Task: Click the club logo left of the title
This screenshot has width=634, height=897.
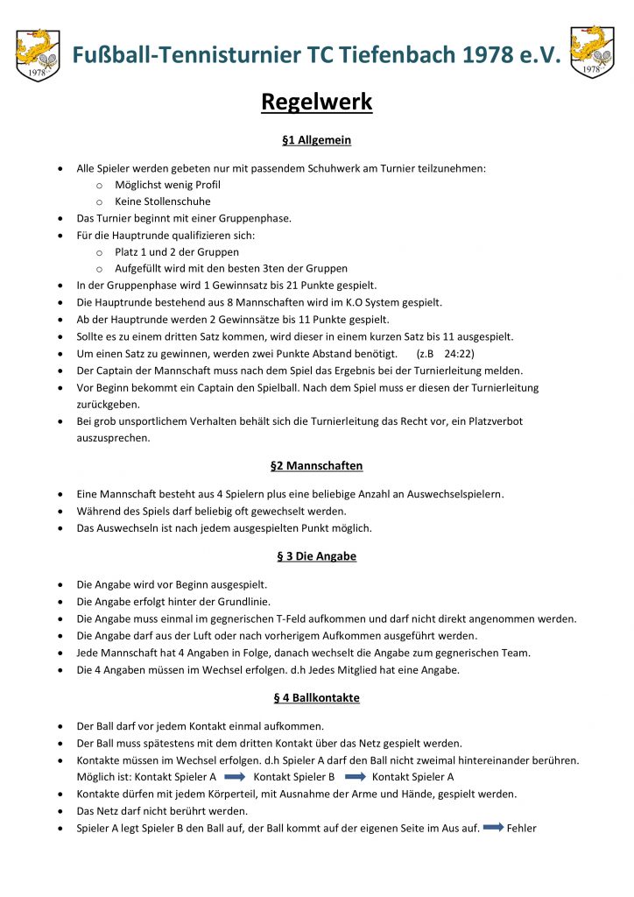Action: tap(38, 54)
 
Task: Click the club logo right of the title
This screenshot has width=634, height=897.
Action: tap(592, 52)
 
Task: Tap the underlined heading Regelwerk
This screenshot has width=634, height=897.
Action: tap(316, 102)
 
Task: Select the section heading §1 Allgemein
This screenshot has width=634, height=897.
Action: tap(316, 140)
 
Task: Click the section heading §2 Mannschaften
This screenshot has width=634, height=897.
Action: tap(316, 466)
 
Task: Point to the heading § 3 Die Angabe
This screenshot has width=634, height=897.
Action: tap(316, 556)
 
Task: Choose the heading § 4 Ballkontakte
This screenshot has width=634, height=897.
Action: tap(316, 698)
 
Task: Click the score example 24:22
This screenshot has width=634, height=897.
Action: tap(460, 354)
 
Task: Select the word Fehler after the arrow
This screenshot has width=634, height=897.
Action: tap(521, 828)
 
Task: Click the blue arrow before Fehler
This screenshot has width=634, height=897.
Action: tap(494, 828)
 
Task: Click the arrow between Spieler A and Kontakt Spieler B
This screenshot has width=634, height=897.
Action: tap(234, 777)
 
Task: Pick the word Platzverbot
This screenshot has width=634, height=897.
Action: tap(490, 421)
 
